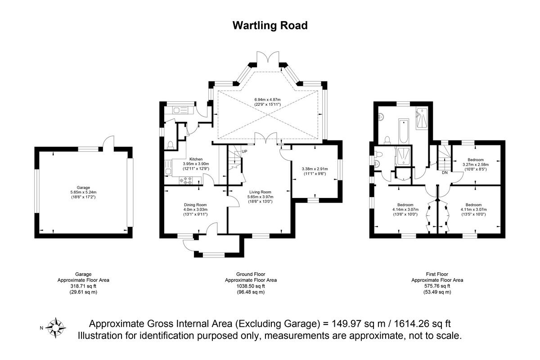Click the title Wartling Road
point(270,25)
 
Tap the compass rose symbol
point(56,328)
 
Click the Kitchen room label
point(196,159)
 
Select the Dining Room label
point(195,205)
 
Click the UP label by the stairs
point(244,151)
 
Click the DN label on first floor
point(444,172)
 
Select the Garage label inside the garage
point(83,188)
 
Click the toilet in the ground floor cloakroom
point(170,144)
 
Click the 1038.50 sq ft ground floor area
point(251,286)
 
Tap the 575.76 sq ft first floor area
point(437,286)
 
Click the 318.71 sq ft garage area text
point(83,286)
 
